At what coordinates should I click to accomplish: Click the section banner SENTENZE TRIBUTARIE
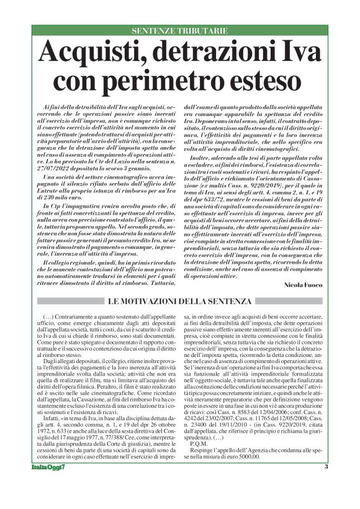[179, 30]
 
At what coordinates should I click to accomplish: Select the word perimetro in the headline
[165, 79]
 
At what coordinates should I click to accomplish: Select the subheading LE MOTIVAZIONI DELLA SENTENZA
[180, 301]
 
